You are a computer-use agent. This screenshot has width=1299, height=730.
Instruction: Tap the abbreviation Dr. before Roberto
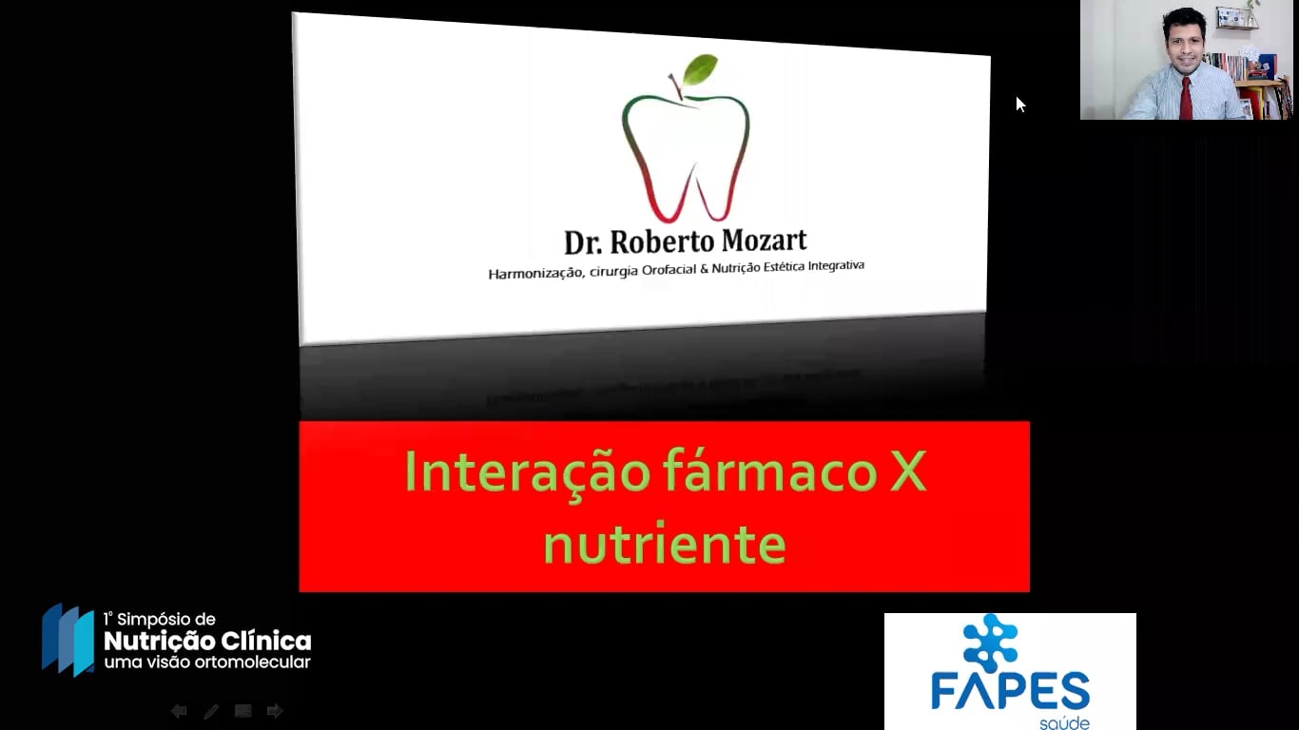coord(583,243)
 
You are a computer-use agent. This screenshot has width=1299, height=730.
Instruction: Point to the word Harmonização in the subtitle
coord(534,273)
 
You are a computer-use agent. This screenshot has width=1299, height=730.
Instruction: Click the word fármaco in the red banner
coord(770,470)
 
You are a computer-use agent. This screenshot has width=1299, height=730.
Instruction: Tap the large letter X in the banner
coord(907,471)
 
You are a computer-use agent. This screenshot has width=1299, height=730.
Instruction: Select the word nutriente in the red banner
coord(665,544)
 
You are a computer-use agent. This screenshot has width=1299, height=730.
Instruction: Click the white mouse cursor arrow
coord(1020,105)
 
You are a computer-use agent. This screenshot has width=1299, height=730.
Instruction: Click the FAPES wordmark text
coord(1010,691)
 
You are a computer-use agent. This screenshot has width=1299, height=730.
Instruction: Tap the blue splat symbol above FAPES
coord(990,639)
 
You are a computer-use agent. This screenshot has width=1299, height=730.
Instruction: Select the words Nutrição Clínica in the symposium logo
coord(207,642)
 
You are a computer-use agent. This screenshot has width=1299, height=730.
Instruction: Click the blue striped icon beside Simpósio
coord(68,640)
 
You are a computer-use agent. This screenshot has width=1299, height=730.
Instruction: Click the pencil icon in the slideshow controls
coord(211,711)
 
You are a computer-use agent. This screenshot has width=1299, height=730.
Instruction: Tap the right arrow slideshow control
coord(274,710)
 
